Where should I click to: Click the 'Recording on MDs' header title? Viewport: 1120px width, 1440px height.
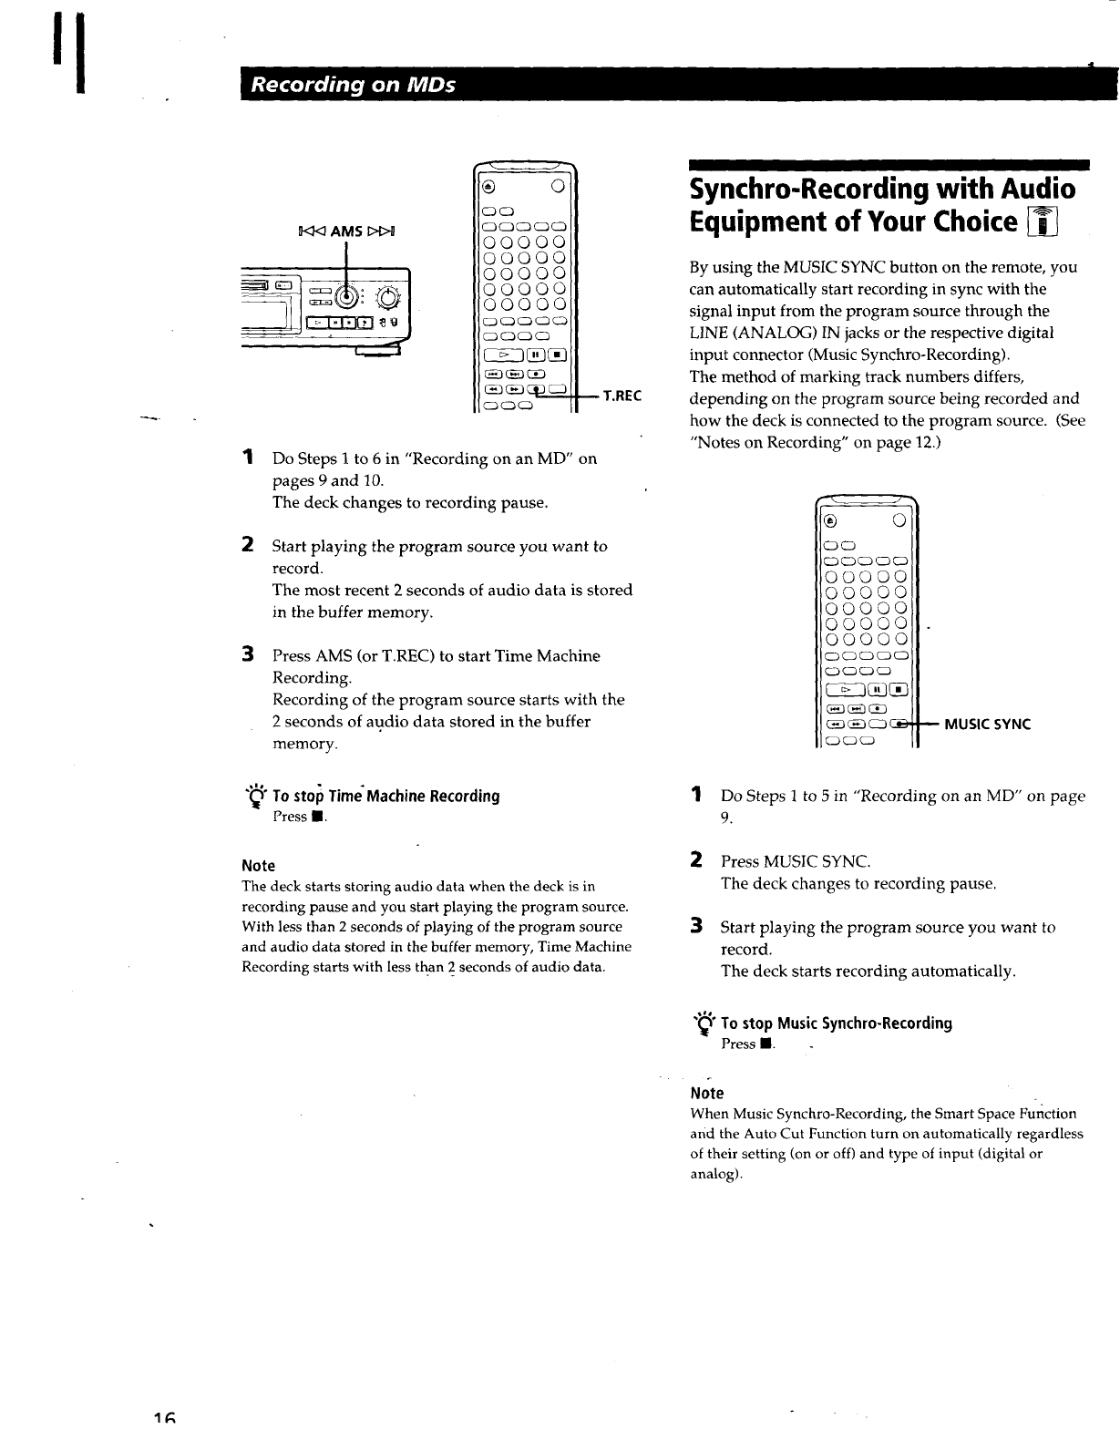tap(354, 86)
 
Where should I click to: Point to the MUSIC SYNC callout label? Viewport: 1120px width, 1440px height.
tap(987, 725)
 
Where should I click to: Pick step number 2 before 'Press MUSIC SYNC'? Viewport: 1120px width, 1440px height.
tap(696, 859)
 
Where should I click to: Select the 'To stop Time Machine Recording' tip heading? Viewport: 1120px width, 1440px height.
tap(386, 796)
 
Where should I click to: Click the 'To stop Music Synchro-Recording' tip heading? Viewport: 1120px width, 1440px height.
tap(836, 1023)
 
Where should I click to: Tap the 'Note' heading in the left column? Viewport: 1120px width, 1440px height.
tap(258, 865)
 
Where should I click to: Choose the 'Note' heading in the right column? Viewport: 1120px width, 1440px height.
tap(707, 1093)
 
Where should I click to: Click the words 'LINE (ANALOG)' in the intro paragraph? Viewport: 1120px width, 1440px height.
tap(740, 333)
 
